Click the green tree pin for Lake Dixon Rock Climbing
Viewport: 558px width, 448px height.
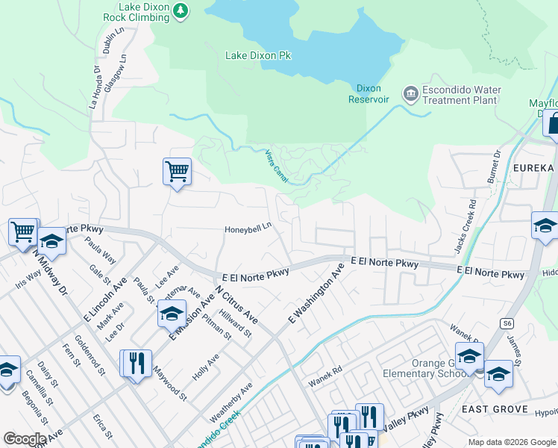pyautogui.click(x=181, y=10)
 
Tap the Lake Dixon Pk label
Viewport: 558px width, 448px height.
pyautogui.click(x=257, y=55)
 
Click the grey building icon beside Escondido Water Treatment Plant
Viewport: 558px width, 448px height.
pyautogui.click(x=410, y=94)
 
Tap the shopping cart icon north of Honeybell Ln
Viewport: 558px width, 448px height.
pyautogui.click(x=177, y=171)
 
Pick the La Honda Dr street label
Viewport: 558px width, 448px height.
pyautogui.click(x=95, y=88)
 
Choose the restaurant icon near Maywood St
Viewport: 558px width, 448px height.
pyautogui.click(x=136, y=364)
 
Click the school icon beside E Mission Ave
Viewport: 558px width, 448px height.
pyautogui.click(x=172, y=314)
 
